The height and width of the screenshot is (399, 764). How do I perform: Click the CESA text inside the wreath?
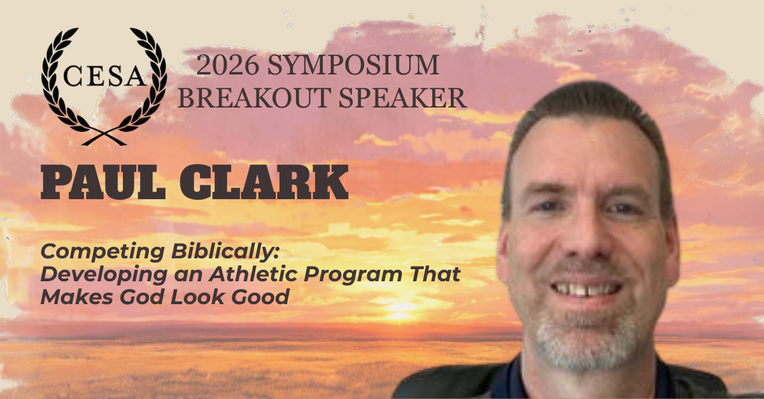pos(104,76)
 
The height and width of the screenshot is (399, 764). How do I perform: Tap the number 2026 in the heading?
pos(227,65)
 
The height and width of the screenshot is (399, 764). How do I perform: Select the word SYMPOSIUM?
pos(353,65)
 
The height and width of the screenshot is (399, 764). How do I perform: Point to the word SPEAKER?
pos(403,98)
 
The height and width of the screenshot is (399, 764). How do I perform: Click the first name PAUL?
pos(103,182)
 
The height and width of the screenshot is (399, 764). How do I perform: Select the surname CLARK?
pos(264,182)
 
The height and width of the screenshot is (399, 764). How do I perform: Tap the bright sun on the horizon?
pos(400,308)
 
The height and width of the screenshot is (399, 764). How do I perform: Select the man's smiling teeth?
pos(586,289)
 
